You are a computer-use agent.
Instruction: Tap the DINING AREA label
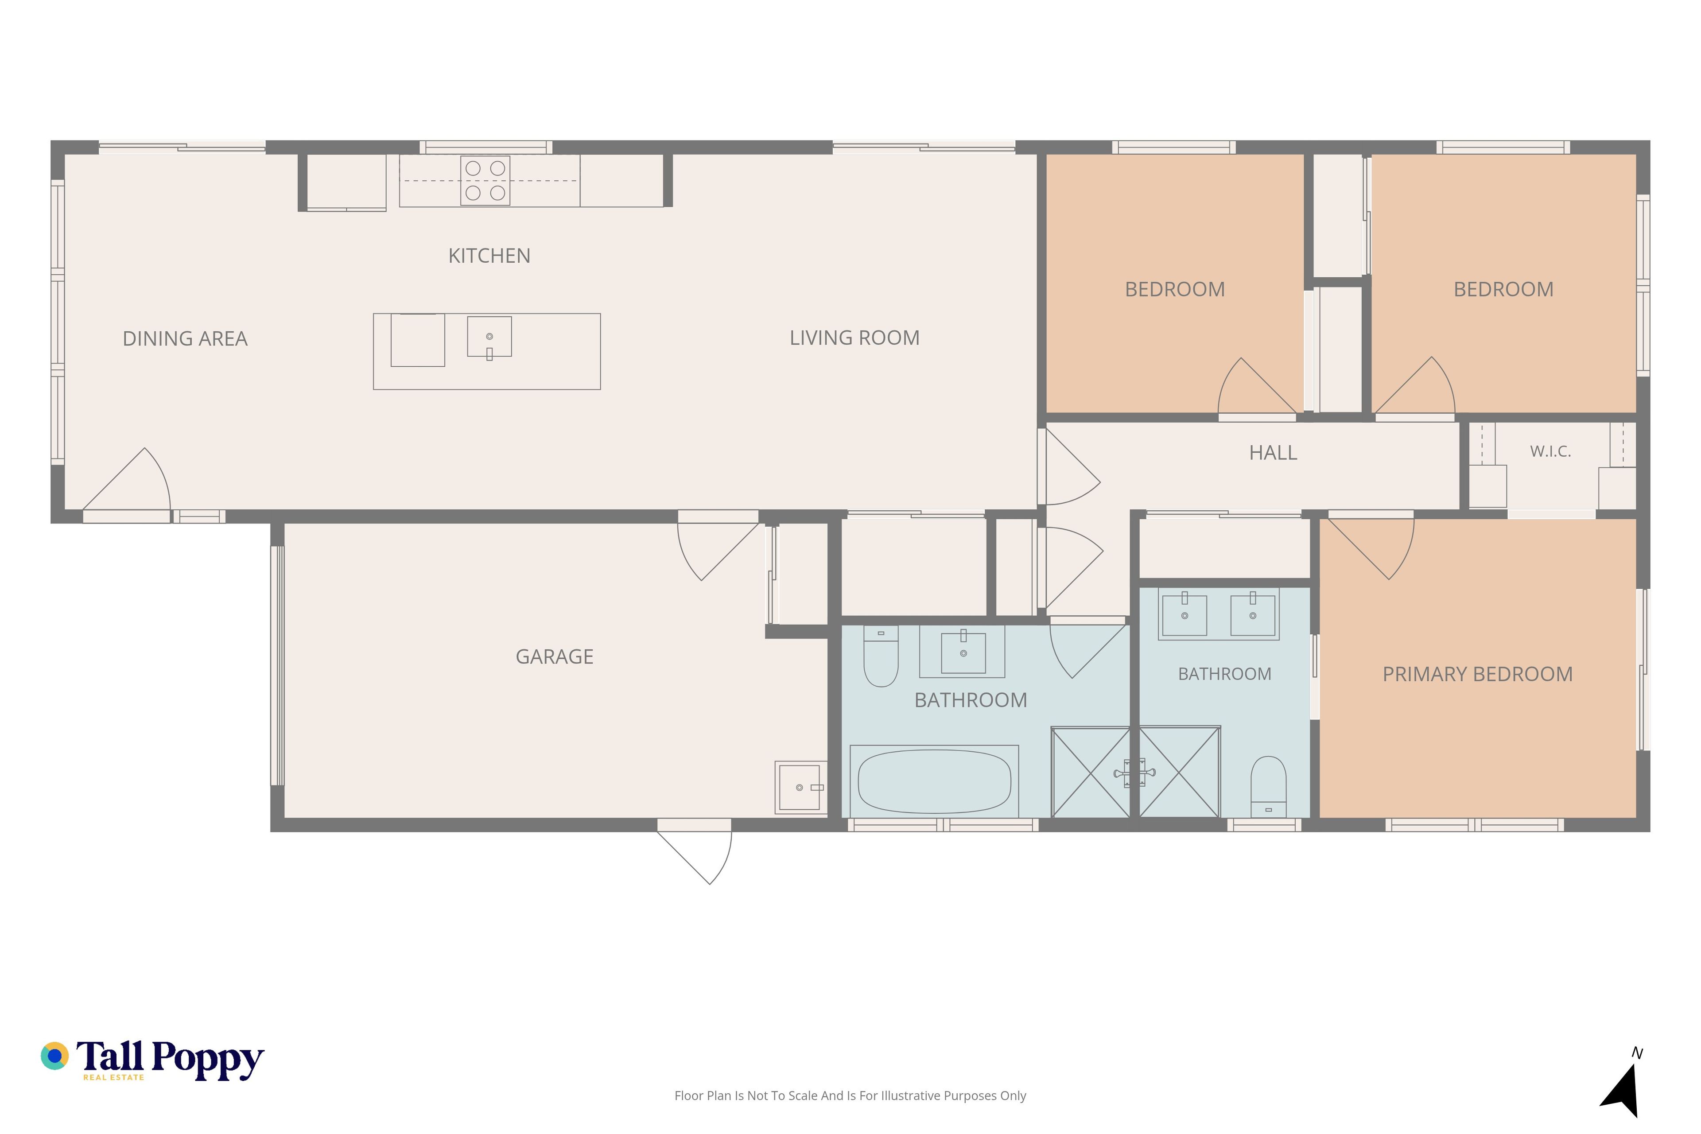click(185, 338)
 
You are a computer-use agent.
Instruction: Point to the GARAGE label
click(554, 656)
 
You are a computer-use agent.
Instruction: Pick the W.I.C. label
click(1550, 451)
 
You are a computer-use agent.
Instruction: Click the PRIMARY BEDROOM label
click(1478, 674)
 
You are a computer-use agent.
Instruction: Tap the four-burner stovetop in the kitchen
click(485, 180)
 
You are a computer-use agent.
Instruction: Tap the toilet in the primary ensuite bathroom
click(1269, 787)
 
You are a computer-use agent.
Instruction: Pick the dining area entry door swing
click(127, 479)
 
